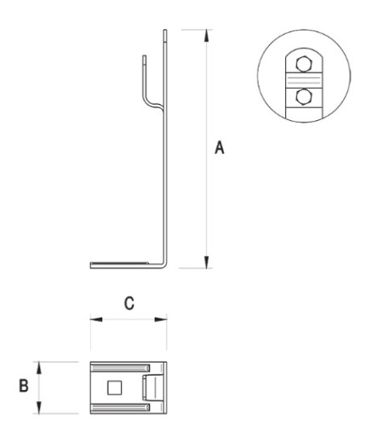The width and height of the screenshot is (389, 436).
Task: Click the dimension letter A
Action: (220, 147)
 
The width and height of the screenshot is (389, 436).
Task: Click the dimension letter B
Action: (24, 386)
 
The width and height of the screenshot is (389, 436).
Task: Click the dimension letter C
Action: (129, 303)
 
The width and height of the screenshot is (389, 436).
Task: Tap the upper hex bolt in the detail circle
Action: (304, 64)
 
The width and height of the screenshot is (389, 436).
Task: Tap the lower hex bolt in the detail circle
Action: (304, 97)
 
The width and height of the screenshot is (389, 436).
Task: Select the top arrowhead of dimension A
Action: (207, 36)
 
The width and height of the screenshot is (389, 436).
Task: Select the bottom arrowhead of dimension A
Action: (207, 261)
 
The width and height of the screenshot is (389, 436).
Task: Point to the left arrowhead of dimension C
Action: (96, 319)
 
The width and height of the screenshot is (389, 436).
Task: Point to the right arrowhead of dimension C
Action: (161, 319)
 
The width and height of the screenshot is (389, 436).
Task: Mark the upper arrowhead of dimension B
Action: (39, 368)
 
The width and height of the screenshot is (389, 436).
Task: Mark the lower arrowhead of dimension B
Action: (39, 408)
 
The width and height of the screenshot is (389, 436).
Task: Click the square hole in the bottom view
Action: (115, 387)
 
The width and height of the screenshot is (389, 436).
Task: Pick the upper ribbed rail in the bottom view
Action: (120, 368)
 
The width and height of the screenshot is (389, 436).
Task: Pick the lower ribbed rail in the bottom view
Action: (120, 408)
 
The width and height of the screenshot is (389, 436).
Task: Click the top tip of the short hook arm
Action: (145, 56)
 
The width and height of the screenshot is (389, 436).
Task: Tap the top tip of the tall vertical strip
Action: (165, 30)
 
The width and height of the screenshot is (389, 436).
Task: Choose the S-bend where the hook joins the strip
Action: (153, 104)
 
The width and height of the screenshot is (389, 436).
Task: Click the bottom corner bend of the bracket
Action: (164, 265)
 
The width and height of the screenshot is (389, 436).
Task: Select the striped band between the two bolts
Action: (304, 80)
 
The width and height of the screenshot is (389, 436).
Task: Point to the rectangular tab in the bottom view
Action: (152, 387)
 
